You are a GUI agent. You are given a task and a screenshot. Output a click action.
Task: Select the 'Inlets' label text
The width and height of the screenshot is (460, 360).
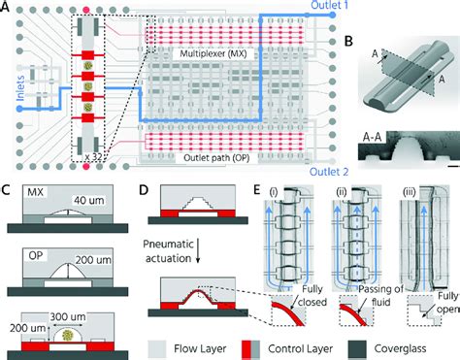pos(13,89)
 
